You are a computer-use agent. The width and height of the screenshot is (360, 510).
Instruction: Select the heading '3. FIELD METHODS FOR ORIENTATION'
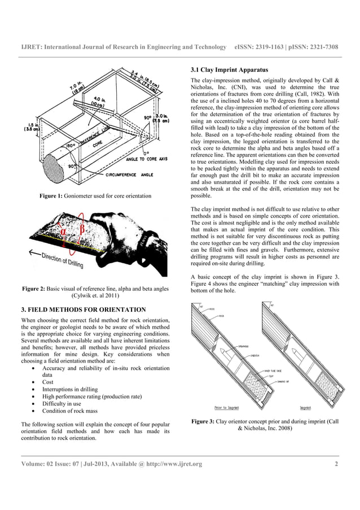point(84,310)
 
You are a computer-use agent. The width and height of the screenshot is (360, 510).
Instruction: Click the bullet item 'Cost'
point(48,382)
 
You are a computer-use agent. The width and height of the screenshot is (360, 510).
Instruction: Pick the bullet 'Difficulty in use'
point(66,404)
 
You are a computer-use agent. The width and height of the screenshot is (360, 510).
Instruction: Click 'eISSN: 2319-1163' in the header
point(261,46)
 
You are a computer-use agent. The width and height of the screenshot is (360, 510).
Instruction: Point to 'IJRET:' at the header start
point(31,46)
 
